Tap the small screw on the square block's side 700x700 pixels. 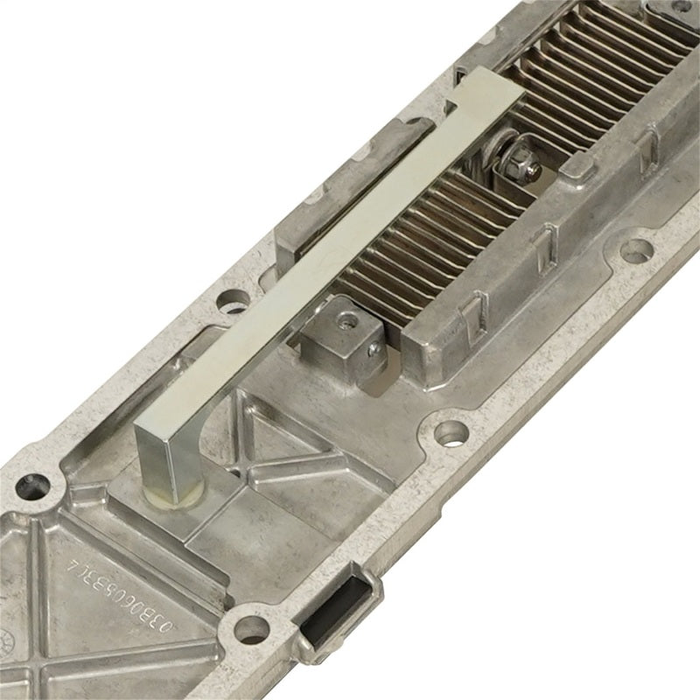(374, 351)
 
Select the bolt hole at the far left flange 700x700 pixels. (35, 484)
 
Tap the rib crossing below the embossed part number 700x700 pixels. (131, 665)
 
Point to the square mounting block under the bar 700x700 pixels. (341, 337)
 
